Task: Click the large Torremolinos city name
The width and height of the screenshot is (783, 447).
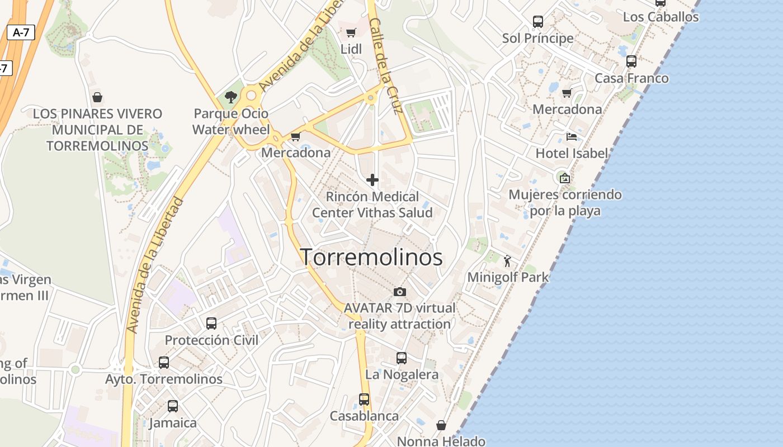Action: pos(372,257)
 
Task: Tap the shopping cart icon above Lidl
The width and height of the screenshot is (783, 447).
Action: pos(351,32)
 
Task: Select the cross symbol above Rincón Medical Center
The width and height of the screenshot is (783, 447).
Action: pos(372,180)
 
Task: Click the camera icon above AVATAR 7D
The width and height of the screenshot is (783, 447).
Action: pos(399,292)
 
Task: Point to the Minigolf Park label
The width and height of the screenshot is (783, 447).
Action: pos(508,277)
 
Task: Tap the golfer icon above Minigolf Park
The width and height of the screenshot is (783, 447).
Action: pos(508,260)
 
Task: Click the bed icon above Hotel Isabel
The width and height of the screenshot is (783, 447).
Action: pos(572,136)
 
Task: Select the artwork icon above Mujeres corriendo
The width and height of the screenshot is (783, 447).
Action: pos(565,178)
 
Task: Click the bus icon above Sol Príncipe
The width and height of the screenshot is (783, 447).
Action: pos(538,22)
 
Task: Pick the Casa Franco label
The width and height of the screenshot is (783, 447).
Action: pos(631,78)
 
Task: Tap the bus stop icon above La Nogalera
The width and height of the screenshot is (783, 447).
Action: pos(402,358)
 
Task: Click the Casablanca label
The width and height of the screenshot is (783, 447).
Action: pos(364,416)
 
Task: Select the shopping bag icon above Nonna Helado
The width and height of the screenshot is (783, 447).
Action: pos(441,426)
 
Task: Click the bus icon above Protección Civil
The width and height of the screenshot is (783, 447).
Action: pos(211,323)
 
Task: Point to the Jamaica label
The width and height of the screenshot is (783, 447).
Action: pos(173,423)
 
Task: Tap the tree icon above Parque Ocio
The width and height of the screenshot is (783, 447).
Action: pos(230,97)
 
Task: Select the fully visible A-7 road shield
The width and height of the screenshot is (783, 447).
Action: pos(21,32)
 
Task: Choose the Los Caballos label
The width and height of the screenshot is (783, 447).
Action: pos(661,17)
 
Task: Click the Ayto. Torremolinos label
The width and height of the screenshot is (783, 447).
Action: pos(164,379)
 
